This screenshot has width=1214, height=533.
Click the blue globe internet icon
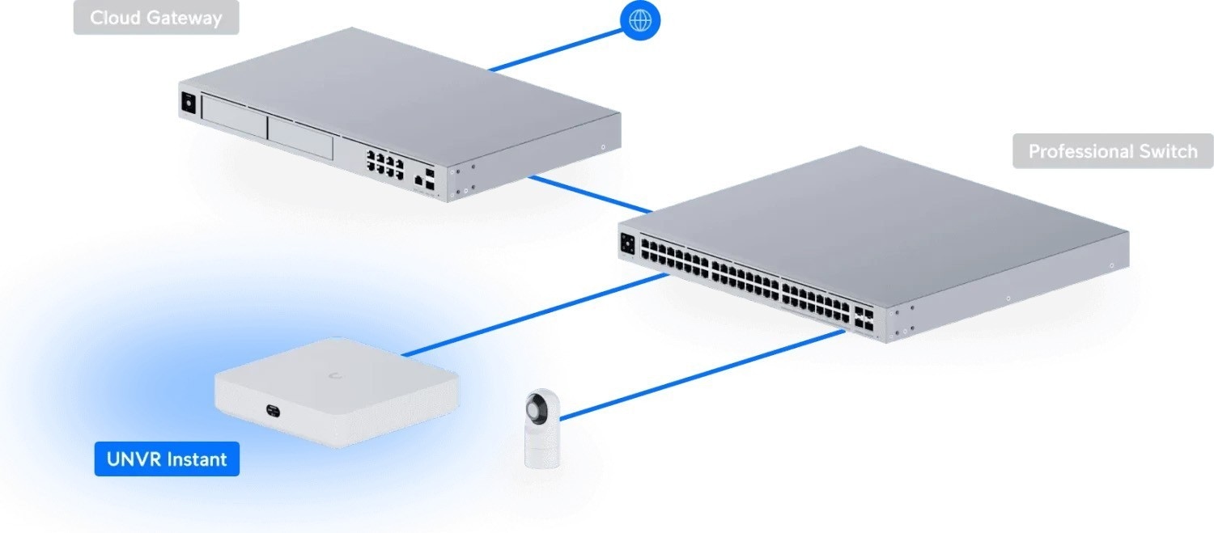tap(639, 20)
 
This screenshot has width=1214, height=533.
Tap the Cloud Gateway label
tap(156, 18)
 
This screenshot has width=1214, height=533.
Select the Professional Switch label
tap(1113, 151)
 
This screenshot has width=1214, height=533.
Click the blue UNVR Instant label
tap(167, 459)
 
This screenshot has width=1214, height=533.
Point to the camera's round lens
tap(537, 405)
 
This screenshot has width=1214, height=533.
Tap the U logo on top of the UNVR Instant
tap(333, 374)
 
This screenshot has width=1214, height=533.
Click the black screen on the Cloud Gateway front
tap(188, 104)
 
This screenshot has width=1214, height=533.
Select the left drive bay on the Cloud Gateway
tap(234, 120)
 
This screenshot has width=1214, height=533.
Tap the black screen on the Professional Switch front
tap(626, 243)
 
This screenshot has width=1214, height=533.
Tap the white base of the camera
tap(538, 450)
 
